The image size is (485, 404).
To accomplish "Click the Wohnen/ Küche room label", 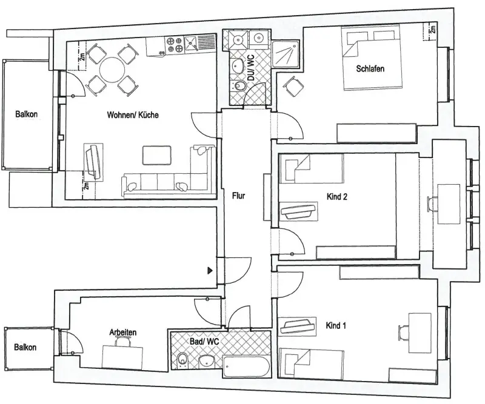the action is click(x=132, y=115).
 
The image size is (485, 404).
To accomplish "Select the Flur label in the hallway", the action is click(x=238, y=196).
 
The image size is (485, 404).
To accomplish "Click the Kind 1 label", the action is click(x=336, y=326).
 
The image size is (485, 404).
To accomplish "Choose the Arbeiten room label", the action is click(x=122, y=333).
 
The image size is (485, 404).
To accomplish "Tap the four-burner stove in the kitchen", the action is click(x=175, y=44).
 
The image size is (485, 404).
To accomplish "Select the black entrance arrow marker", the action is click(x=210, y=271).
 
